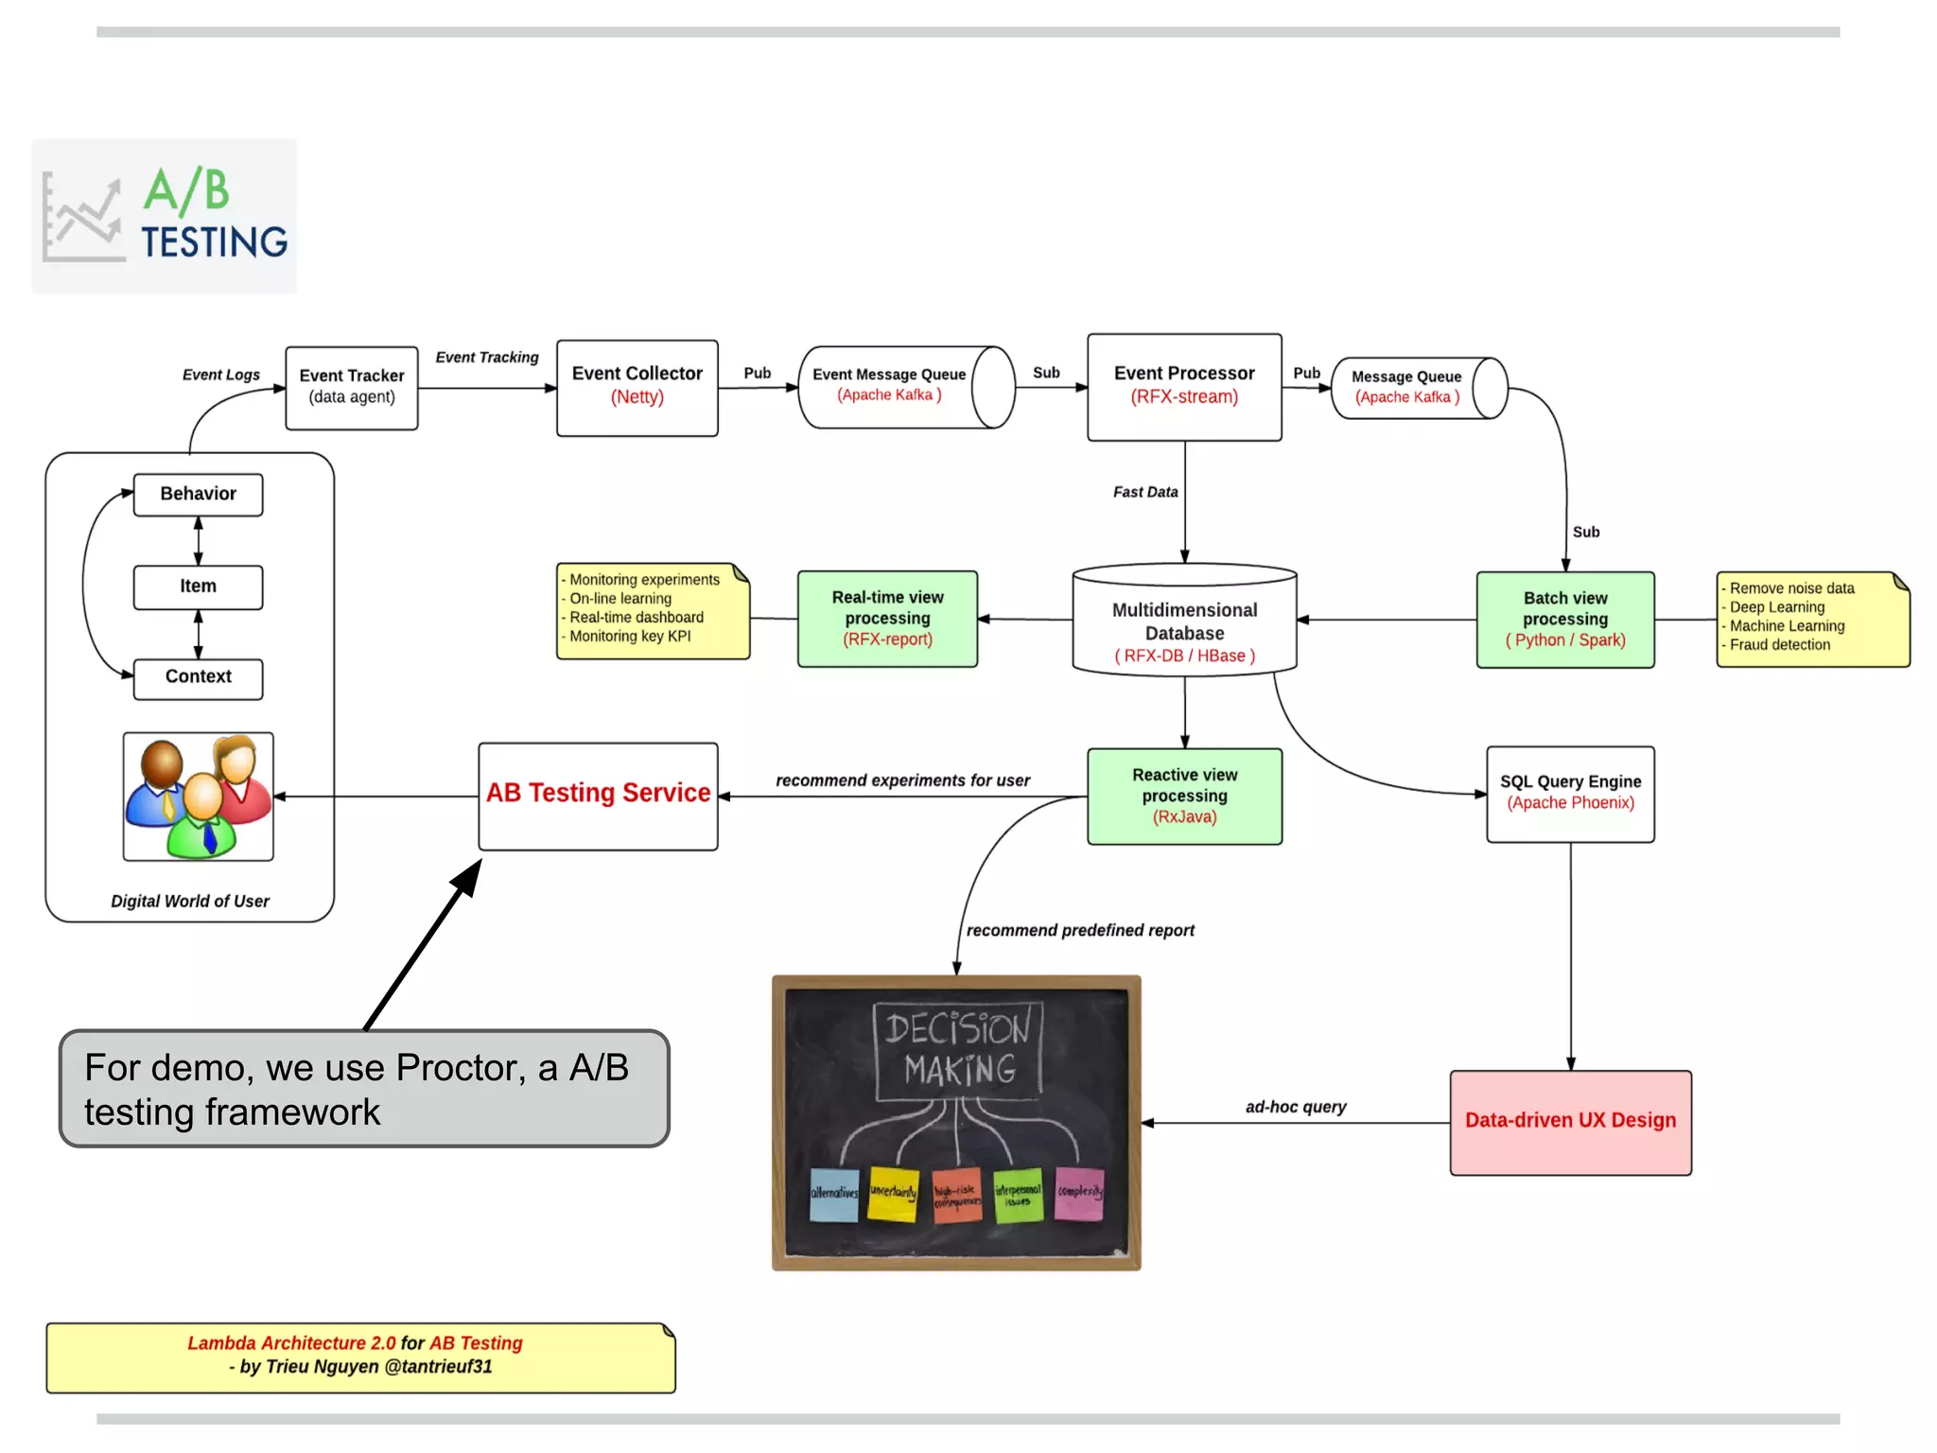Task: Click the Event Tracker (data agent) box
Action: coord(352,388)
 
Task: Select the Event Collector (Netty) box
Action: coord(637,388)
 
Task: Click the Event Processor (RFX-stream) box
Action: coord(1184,387)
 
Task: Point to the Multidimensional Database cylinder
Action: coord(1184,624)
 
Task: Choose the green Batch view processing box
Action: coord(1564,620)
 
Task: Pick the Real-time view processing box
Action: coord(887,619)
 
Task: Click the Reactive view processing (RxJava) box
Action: coord(1184,796)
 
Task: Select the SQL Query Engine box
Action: coord(1570,794)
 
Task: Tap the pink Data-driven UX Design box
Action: coord(1570,1122)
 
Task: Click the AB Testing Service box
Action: coord(598,796)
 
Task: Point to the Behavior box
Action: coord(198,495)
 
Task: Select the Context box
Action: coord(198,678)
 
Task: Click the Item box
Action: coord(198,587)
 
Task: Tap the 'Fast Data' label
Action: coord(1144,492)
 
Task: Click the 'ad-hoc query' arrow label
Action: coord(1295,1107)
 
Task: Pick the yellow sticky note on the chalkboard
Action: coord(893,1194)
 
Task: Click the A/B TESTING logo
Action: coord(165,216)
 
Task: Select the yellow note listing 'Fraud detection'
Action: coord(1812,619)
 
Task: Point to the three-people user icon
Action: coord(198,797)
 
